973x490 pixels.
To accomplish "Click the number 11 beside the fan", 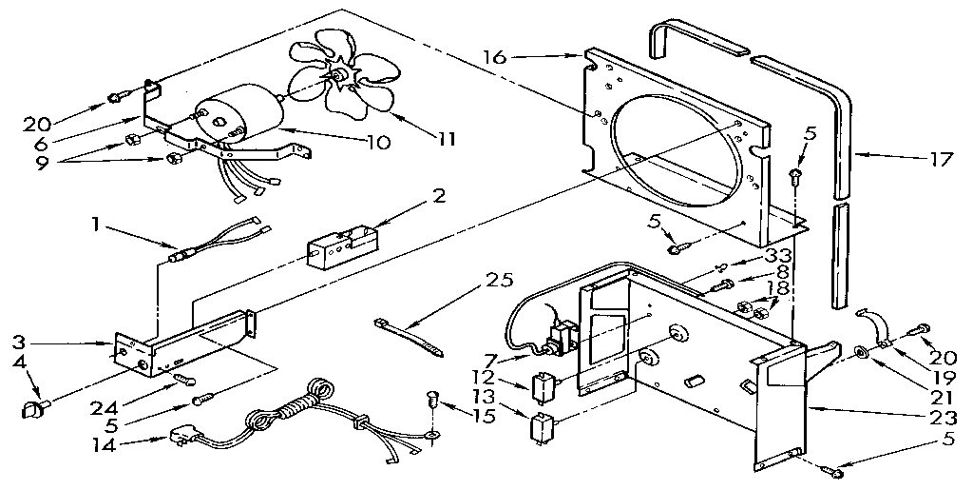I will point(442,138).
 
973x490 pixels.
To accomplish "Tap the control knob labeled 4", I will point(30,410).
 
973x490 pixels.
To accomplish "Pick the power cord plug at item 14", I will point(186,438).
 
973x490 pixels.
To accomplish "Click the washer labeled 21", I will point(860,354).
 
